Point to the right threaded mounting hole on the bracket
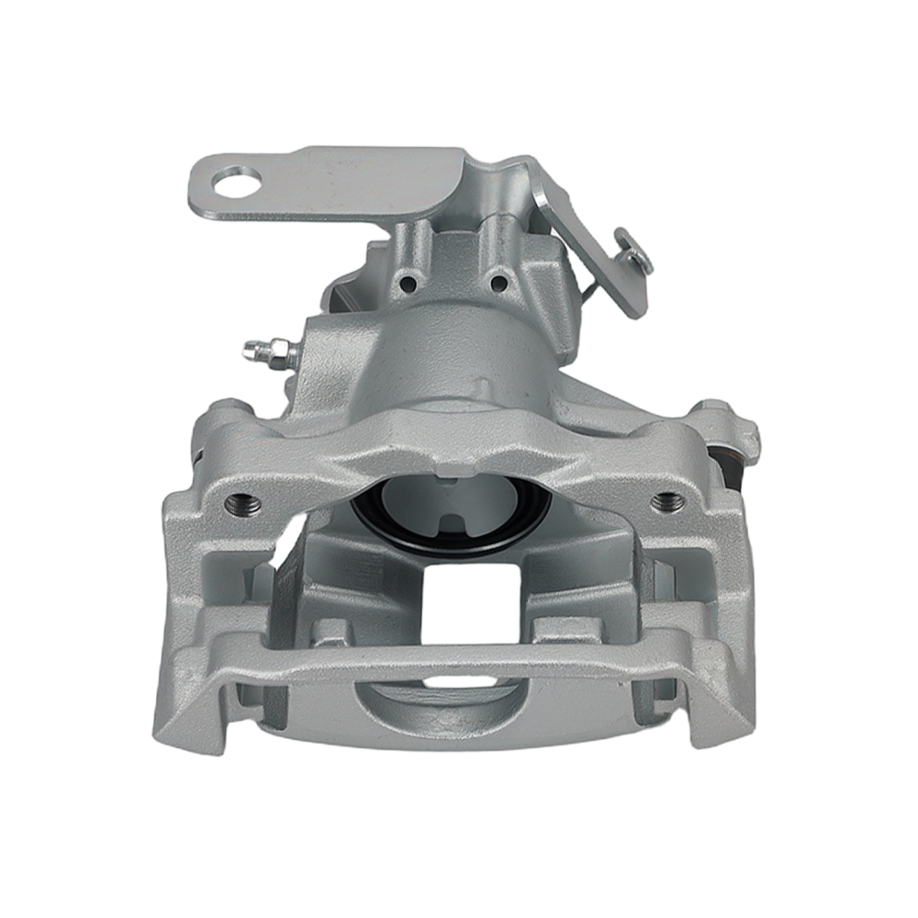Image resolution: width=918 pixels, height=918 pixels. point(667,501)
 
